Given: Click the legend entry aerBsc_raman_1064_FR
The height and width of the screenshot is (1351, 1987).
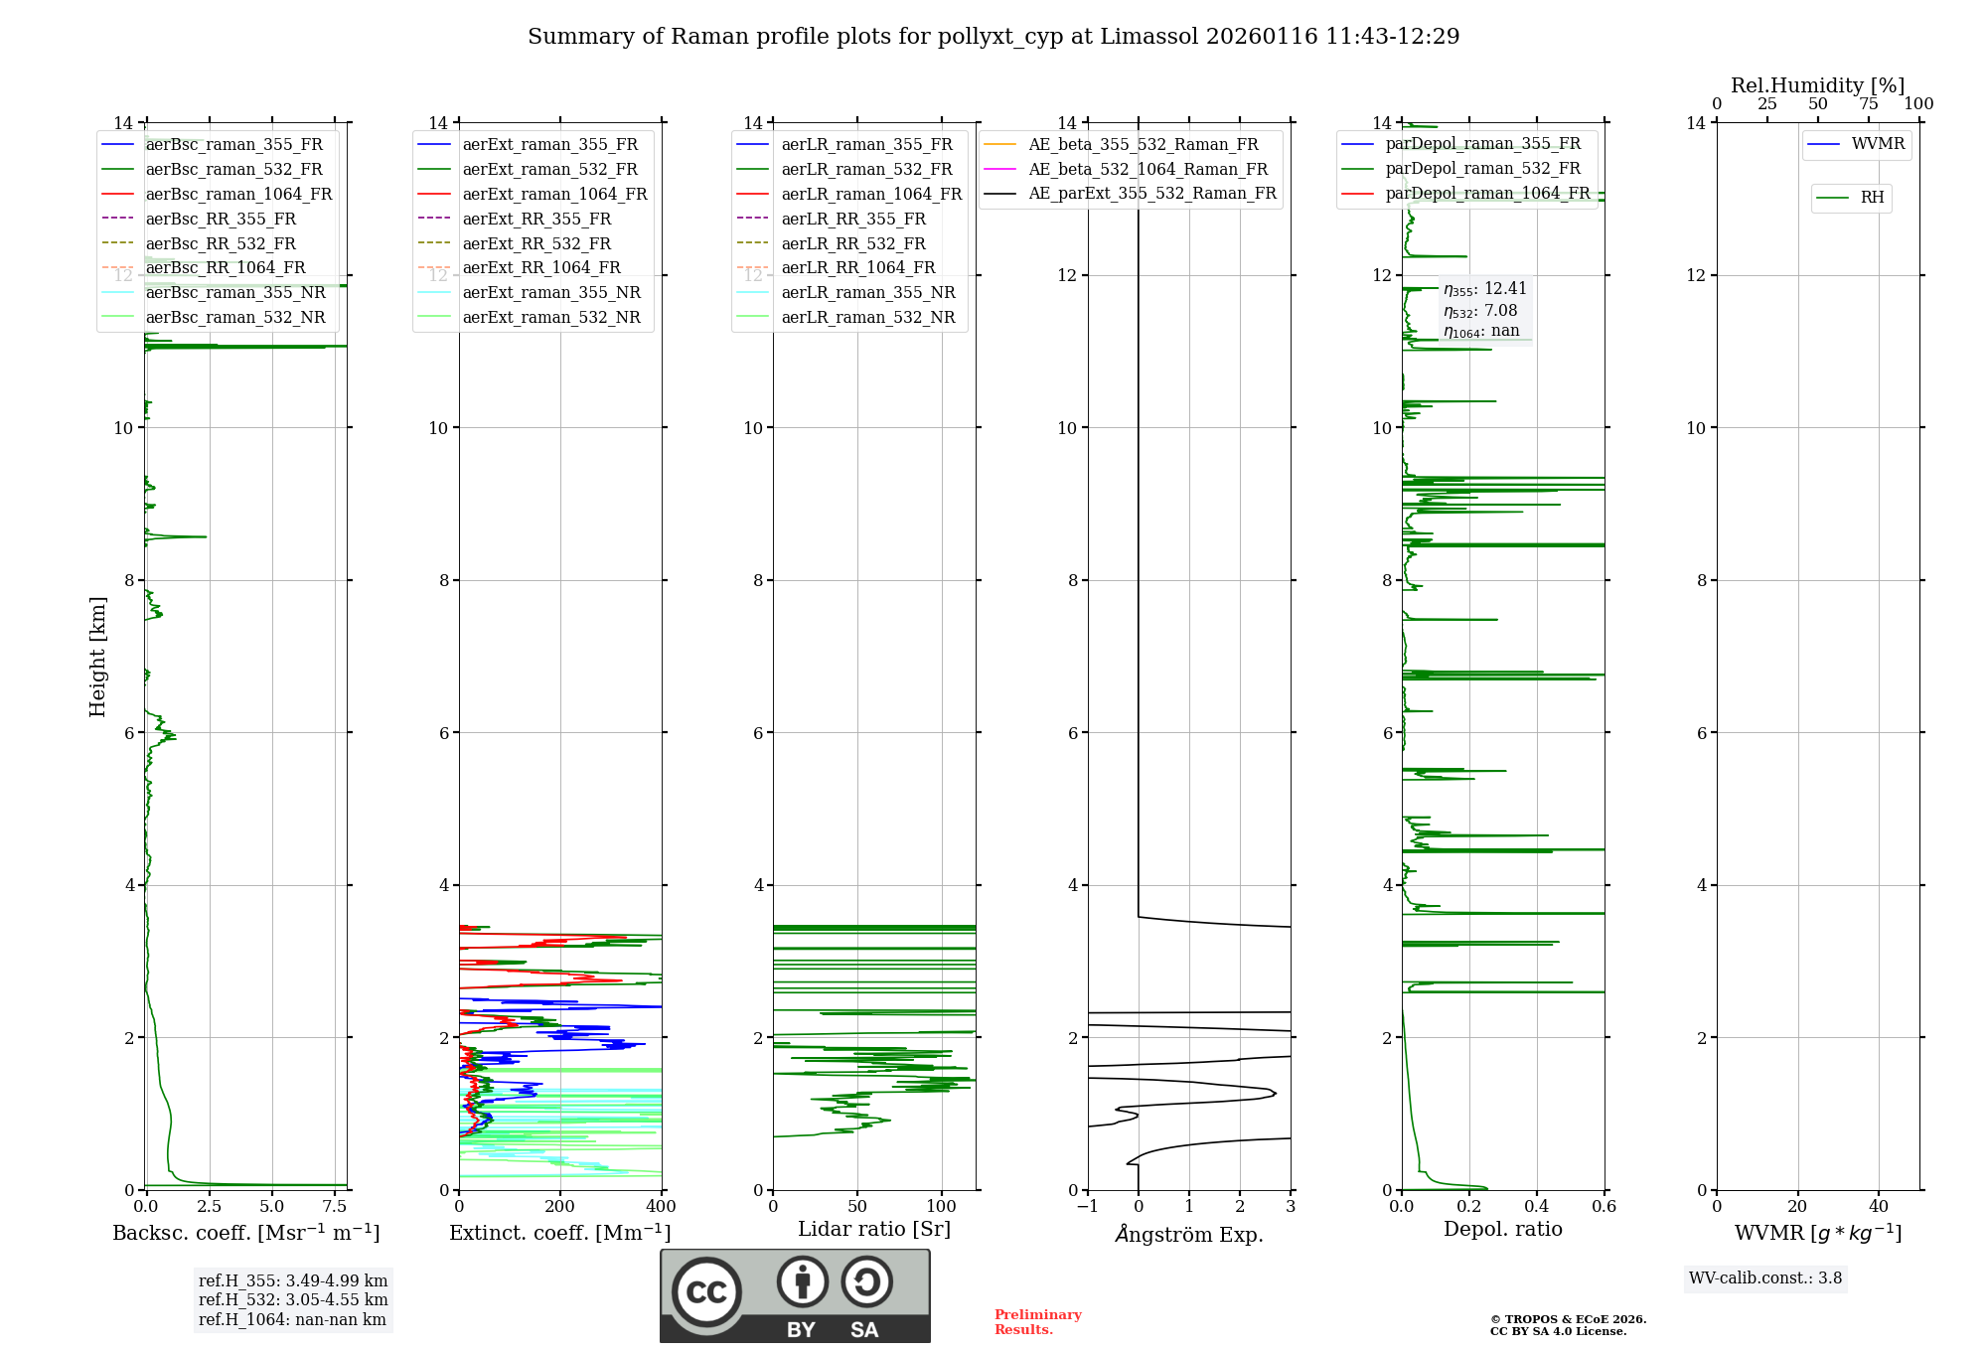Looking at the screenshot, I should click(238, 194).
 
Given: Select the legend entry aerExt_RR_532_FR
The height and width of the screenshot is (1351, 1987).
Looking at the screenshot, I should click(536, 243).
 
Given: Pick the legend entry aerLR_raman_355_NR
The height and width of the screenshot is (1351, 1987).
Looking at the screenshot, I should click(867, 292).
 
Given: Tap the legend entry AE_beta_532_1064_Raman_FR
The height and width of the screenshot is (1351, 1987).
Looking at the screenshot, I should click(1147, 169).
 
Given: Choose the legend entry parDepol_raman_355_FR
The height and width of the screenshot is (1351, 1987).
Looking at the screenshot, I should click(1482, 144).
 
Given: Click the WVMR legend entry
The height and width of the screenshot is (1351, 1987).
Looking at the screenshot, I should click(1878, 144).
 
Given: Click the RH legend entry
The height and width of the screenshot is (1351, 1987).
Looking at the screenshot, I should click(1872, 198).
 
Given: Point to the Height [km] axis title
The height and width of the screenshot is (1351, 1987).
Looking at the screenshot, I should click(97, 657).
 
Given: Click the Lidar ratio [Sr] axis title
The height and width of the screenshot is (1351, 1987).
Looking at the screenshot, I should click(874, 1229).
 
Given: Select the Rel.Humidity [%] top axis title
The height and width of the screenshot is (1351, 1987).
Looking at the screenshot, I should click(1817, 85).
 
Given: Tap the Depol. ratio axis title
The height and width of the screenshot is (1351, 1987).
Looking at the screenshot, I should click(1502, 1229).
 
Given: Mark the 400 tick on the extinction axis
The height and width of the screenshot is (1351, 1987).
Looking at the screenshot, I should click(662, 1207).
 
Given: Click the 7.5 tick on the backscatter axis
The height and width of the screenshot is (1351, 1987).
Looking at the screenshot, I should click(335, 1207).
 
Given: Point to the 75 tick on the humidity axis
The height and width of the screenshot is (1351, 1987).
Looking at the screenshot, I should click(1868, 104).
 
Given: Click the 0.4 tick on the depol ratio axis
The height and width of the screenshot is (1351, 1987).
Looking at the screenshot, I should click(1537, 1207).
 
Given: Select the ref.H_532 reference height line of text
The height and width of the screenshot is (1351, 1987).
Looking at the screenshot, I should click(293, 1299).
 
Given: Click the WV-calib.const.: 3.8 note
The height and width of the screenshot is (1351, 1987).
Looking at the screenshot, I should click(1765, 1278).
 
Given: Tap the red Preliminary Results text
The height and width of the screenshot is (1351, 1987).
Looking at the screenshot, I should click(1038, 1322).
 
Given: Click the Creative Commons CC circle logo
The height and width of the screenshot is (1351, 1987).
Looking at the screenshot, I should click(706, 1292).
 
